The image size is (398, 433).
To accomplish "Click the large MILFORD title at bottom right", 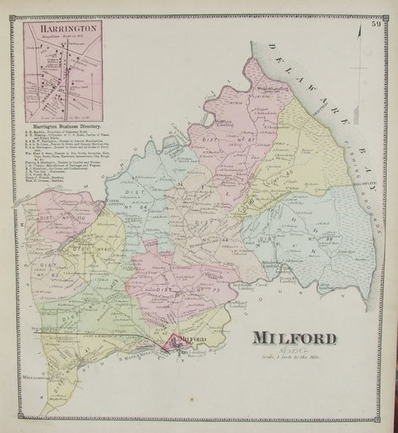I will (x=296, y=337).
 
